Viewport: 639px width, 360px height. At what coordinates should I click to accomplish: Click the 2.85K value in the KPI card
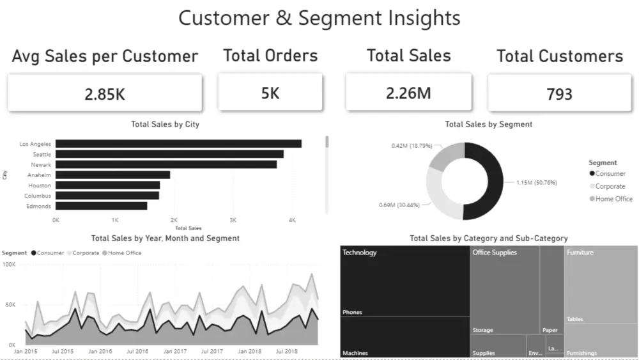[x=105, y=94]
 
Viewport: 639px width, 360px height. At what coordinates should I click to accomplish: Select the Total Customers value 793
[x=559, y=95]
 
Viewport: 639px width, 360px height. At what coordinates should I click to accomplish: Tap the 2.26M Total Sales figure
[x=408, y=93]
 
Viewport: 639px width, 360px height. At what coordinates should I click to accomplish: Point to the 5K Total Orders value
[x=270, y=93]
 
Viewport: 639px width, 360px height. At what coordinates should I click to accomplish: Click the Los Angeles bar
[x=178, y=144]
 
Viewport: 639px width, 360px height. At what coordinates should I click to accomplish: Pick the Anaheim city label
[x=39, y=175]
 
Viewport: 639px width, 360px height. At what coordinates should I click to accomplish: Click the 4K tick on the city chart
[x=292, y=220]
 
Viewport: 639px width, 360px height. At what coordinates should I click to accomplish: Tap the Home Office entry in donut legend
[x=613, y=199]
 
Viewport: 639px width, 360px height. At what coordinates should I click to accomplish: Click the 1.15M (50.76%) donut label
[x=536, y=182]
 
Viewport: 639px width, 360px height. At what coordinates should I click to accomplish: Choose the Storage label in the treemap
[x=482, y=331]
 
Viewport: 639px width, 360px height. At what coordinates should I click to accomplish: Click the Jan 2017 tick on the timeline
[x=175, y=351]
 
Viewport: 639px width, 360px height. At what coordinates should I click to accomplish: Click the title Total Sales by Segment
[x=488, y=124]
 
